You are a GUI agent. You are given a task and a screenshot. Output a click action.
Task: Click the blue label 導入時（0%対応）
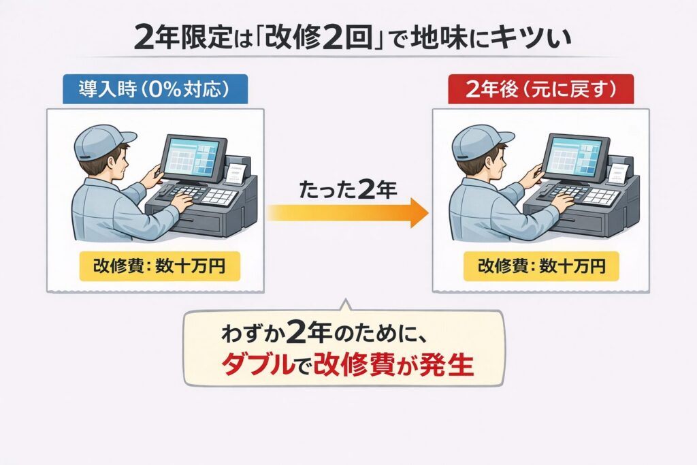pos(155,89)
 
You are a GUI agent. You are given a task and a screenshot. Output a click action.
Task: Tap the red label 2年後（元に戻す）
pos(540,89)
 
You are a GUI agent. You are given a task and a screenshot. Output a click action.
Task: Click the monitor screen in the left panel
pos(193,155)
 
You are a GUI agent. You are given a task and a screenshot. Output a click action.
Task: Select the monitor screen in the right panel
pos(575,155)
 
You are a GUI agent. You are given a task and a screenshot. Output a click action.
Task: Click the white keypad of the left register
pos(219,197)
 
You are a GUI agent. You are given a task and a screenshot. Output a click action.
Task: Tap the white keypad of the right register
pos(601,197)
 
